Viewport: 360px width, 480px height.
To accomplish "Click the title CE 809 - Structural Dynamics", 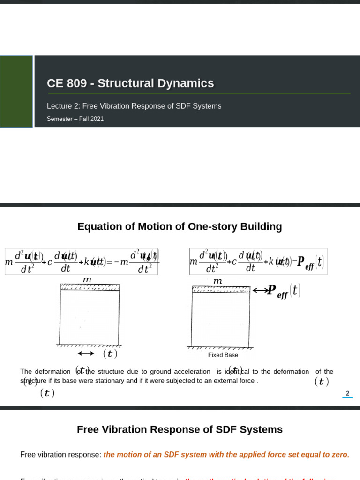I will coord(130,83).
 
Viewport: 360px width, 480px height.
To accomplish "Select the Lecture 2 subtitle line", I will coord(134,106).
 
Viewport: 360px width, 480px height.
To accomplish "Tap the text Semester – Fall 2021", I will coord(75,119).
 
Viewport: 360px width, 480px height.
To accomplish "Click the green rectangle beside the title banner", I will coord(16,91).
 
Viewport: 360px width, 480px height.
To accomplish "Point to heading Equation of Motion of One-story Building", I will coord(180,227).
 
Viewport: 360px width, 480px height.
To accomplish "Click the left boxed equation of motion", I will coord(82,262).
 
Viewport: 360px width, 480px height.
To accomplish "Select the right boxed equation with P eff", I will coord(258,262).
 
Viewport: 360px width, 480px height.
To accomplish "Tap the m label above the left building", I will coord(87,279).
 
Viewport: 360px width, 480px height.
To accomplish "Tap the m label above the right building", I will coord(217,281).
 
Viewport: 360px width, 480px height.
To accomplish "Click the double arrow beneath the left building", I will coord(86,353).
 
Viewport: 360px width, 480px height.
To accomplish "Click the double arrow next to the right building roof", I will coord(259,291).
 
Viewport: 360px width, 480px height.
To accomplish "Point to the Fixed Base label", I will coord(223,355).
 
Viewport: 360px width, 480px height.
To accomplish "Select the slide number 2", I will coord(347,393).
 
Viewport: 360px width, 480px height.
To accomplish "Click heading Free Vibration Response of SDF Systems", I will coord(180,430).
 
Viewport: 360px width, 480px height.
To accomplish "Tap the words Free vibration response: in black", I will coord(60,455).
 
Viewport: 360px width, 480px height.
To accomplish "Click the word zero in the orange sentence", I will coord(340,455).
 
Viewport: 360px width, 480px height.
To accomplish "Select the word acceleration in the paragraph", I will coord(193,372).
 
